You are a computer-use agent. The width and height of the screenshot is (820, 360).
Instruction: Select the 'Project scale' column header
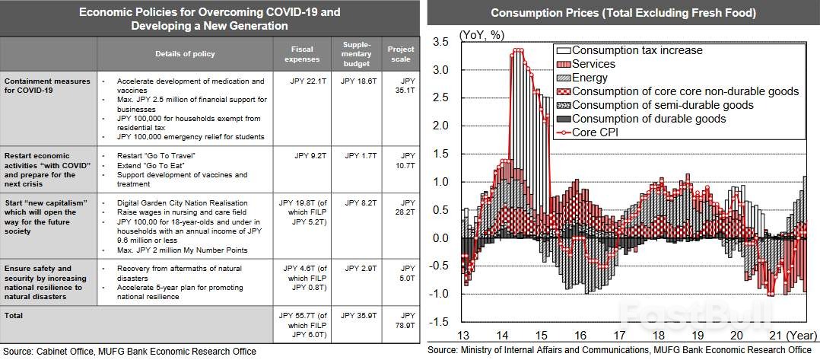pyautogui.click(x=400, y=54)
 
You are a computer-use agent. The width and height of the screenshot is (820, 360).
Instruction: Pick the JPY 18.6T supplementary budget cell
pyautogui.click(x=357, y=81)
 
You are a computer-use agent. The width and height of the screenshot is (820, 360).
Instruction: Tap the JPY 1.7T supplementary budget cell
pyautogui.click(x=357, y=156)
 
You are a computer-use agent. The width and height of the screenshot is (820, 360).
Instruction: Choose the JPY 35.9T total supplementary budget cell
pyautogui.click(x=357, y=315)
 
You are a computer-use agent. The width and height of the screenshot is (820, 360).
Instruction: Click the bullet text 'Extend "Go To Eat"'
pyautogui.click(x=153, y=165)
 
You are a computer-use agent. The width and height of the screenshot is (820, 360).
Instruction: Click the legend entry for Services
pyautogui.click(x=593, y=64)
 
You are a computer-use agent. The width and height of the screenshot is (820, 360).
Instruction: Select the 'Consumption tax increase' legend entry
pyautogui.click(x=637, y=50)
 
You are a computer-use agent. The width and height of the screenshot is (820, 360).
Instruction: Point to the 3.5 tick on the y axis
pyautogui.click(x=441, y=42)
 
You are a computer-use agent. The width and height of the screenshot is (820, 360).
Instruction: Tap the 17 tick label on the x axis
pyautogui.click(x=619, y=334)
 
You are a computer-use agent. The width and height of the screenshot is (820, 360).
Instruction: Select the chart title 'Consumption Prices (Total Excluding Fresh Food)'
pyautogui.click(x=623, y=13)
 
